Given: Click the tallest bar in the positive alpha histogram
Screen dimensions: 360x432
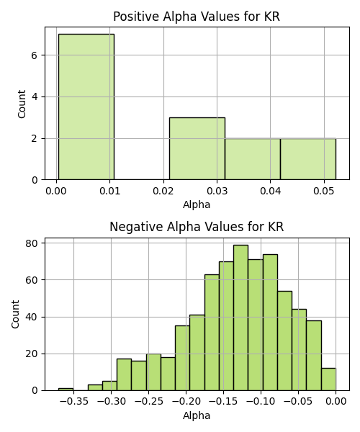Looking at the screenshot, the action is click(x=86, y=107).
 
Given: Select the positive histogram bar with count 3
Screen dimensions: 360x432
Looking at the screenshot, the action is click(x=197, y=149).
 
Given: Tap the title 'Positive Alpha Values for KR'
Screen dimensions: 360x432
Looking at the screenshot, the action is click(x=197, y=17).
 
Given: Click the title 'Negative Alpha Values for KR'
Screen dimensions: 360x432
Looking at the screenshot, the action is click(x=197, y=227).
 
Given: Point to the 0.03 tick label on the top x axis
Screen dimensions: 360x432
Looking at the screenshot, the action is click(x=217, y=191).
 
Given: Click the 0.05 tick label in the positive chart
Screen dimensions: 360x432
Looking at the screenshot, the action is click(x=324, y=191).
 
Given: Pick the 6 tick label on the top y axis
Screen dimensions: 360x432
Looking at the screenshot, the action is click(x=34, y=55).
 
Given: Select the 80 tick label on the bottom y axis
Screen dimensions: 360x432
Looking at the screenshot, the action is click(x=32, y=243).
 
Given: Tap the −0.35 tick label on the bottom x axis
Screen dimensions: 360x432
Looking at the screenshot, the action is click(x=73, y=402).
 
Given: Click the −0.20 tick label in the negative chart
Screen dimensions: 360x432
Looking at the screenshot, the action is click(x=186, y=402).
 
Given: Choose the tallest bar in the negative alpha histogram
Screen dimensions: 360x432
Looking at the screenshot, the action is click(x=240, y=318).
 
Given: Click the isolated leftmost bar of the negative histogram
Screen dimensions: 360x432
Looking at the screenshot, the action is click(x=66, y=390).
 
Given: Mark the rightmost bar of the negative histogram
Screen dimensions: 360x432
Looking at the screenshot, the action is click(x=328, y=379).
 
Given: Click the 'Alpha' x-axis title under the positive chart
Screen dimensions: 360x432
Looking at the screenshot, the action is click(x=197, y=204).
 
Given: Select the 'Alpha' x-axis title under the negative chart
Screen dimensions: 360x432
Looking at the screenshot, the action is click(x=197, y=415).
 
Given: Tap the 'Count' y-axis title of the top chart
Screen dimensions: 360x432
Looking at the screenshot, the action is click(x=22, y=104).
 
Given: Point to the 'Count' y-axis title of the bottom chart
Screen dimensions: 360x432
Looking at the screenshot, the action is click(x=15, y=315).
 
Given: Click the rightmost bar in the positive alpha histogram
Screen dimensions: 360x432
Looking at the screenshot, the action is click(x=308, y=159).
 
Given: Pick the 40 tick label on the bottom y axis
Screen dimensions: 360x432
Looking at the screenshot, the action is click(x=32, y=317).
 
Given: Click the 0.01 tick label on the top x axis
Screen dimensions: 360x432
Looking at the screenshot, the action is click(x=110, y=191).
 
